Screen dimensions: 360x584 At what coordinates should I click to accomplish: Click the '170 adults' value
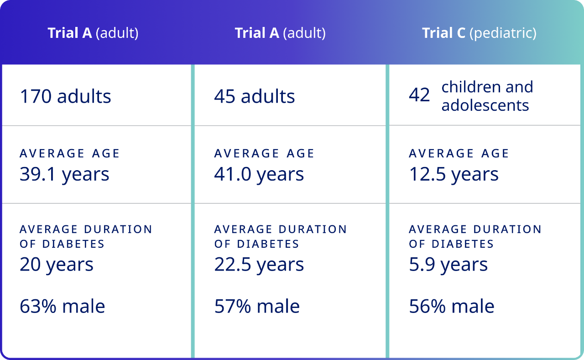[65, 97]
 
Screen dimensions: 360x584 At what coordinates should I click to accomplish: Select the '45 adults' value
[255, 97]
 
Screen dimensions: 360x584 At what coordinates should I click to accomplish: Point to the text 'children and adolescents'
[487, 96]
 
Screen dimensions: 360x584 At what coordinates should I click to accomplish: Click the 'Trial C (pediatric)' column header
[479, 33]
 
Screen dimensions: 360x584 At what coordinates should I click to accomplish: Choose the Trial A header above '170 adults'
[93, 33]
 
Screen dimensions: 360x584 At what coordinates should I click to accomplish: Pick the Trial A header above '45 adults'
[280, 33]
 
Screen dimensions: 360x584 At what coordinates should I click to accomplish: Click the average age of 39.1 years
[64, 174]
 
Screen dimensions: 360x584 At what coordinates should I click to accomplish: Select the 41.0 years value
[259, 174]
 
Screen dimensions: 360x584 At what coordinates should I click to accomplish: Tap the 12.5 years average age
[454, 174]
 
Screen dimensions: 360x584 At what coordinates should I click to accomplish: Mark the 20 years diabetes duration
[57, 265]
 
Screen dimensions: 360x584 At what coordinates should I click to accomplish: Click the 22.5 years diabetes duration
[259, 265]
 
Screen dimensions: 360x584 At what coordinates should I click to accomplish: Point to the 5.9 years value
[448, 265]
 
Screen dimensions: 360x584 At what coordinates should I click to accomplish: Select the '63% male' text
[63, 306]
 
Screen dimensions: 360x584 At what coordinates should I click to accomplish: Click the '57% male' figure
[257, 306]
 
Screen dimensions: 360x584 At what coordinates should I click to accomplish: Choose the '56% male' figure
[452, 306]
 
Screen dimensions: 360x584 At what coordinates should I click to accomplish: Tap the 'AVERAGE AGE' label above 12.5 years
[459, 153]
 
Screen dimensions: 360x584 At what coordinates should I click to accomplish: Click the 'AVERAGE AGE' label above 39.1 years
[70, 153]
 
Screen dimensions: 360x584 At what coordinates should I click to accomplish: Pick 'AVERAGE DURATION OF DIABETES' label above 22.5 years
[281, 236]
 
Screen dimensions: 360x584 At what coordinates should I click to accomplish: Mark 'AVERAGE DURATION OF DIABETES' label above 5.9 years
[475, 236]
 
